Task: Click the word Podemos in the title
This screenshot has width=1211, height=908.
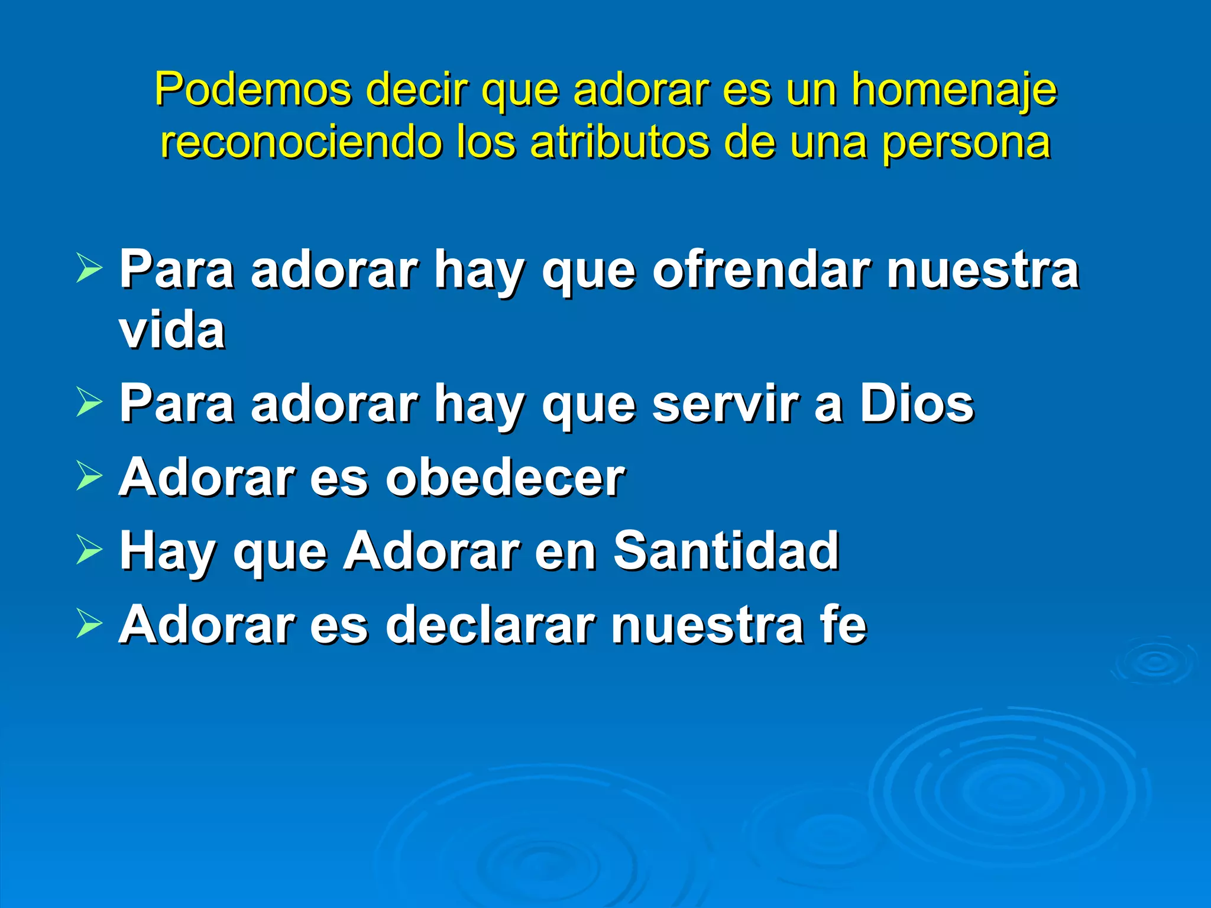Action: tap(252, 90)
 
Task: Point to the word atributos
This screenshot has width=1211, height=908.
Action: tap(619, 143)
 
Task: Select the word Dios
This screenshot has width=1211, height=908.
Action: tap(916, 404)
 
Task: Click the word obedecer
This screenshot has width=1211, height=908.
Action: tap(506, 478)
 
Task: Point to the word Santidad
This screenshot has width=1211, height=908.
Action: tap(726, 551)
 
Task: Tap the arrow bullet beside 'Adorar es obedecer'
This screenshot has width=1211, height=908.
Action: tap(89, 476)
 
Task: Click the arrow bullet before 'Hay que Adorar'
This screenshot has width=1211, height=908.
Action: tap(89, 550)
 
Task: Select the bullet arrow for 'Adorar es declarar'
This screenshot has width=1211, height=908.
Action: tap(89, 624)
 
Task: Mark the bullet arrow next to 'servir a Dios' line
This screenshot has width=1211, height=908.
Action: tap(89, 403)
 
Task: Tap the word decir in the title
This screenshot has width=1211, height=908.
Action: tap(417, 90)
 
